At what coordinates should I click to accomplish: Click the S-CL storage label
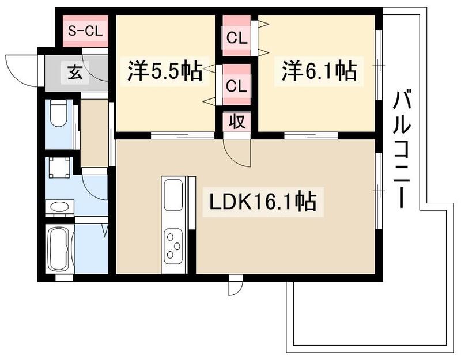click(85, 31)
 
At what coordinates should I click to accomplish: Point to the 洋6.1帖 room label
click(319, 72)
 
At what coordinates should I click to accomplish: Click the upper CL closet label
click(236, 40)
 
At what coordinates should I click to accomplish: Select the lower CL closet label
click(236, 86)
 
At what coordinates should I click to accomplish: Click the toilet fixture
click(58, 113)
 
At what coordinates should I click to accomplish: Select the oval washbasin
click(58, 207)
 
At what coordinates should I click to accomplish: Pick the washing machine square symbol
click(59, 168)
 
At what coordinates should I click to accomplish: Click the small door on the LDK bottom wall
click(235, 286)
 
